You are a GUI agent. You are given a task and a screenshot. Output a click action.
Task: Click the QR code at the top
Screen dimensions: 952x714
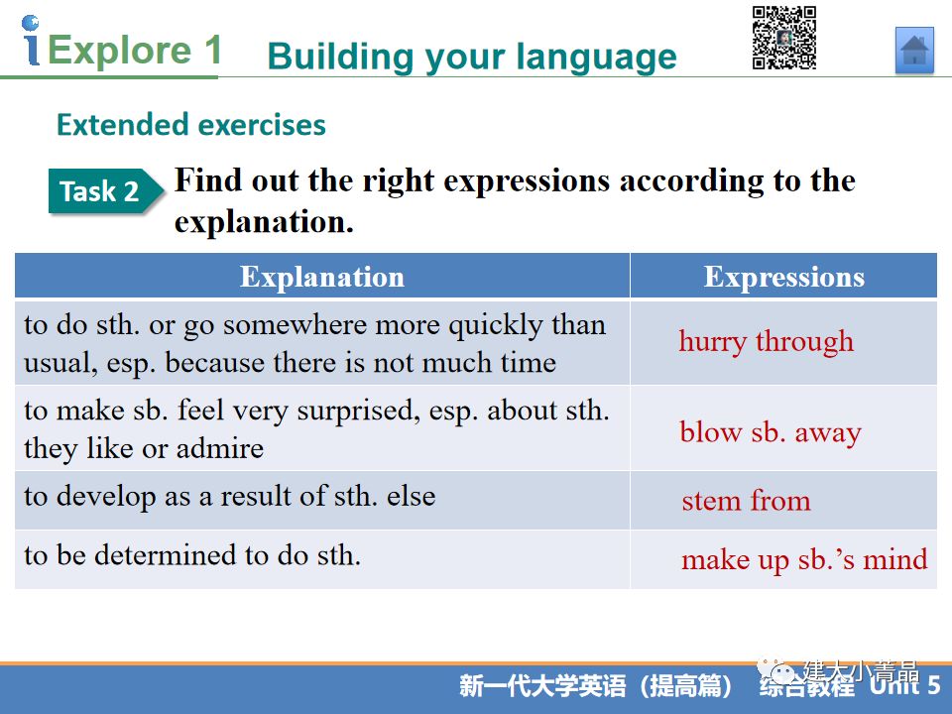[x=784, y=38]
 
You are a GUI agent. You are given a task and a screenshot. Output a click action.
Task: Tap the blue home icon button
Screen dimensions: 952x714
[x=914, y=51]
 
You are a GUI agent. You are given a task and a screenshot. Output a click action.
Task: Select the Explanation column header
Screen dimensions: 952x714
[x=322, y=277]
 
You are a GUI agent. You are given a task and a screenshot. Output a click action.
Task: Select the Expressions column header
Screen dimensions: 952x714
[x=783, y=277]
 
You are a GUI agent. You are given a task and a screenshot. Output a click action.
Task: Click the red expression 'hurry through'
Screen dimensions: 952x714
[x=767, y=341]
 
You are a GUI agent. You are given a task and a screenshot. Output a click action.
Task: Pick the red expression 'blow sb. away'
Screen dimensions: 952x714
[x=771, y=433]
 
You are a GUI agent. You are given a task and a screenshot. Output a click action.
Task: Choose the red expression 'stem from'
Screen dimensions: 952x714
[x=746, y=501]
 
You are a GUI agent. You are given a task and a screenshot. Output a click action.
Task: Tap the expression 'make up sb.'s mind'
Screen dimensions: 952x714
[x=804, y=559]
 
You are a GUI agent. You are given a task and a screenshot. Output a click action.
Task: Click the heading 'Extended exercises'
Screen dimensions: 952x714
[x=191, y=125]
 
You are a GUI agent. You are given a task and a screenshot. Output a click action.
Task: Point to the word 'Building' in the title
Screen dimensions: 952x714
[x=341, y=58]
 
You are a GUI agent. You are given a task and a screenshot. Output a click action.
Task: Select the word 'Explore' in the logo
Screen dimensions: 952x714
[x=120, y=50]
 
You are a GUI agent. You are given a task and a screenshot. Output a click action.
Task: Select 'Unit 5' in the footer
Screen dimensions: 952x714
[x=904, y=685]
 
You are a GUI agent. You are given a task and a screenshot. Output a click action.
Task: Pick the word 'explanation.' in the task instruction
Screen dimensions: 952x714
[x=264, y=222]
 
